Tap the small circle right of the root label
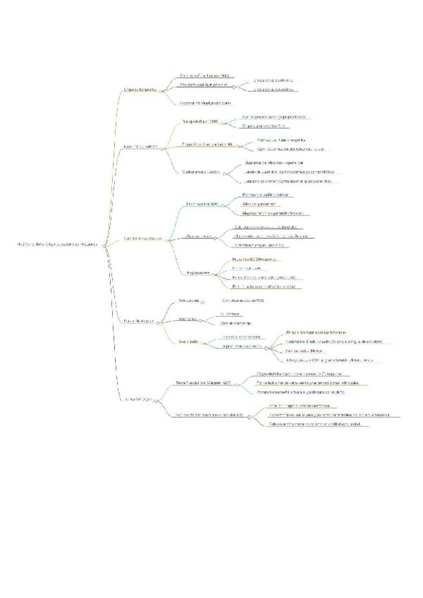tap(104, 245)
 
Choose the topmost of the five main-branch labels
tap(139, 90)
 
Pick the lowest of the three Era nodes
tap(187, 342)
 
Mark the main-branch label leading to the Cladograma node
tap(141, 147)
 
